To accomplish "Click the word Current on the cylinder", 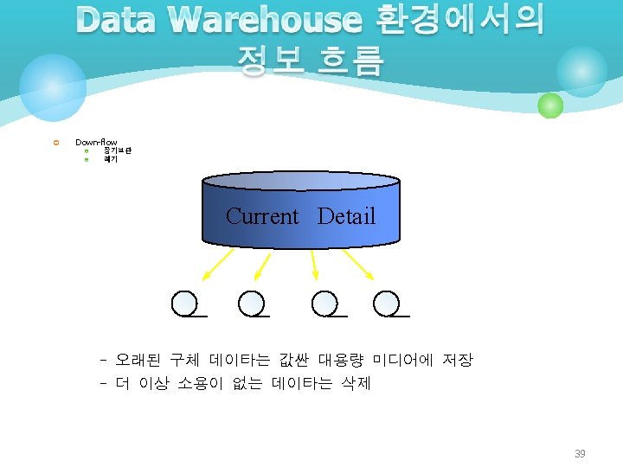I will [261, 216].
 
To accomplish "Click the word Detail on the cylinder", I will [346, 216].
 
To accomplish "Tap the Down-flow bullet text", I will [96, 142].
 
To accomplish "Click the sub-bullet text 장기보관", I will [118, 151].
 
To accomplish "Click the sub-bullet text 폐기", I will [111, 160].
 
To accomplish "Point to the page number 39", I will [581, 454].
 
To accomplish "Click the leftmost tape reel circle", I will [184, 303].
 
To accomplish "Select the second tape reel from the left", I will [251, 303].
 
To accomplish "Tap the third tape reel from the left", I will [324, 303].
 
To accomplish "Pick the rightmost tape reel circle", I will [386, 303].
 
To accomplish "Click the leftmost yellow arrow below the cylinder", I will [217, 265].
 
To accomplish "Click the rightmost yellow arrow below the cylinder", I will [358, 265].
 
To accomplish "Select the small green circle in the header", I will [550, 106].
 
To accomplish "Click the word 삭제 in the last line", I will [355, 383].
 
